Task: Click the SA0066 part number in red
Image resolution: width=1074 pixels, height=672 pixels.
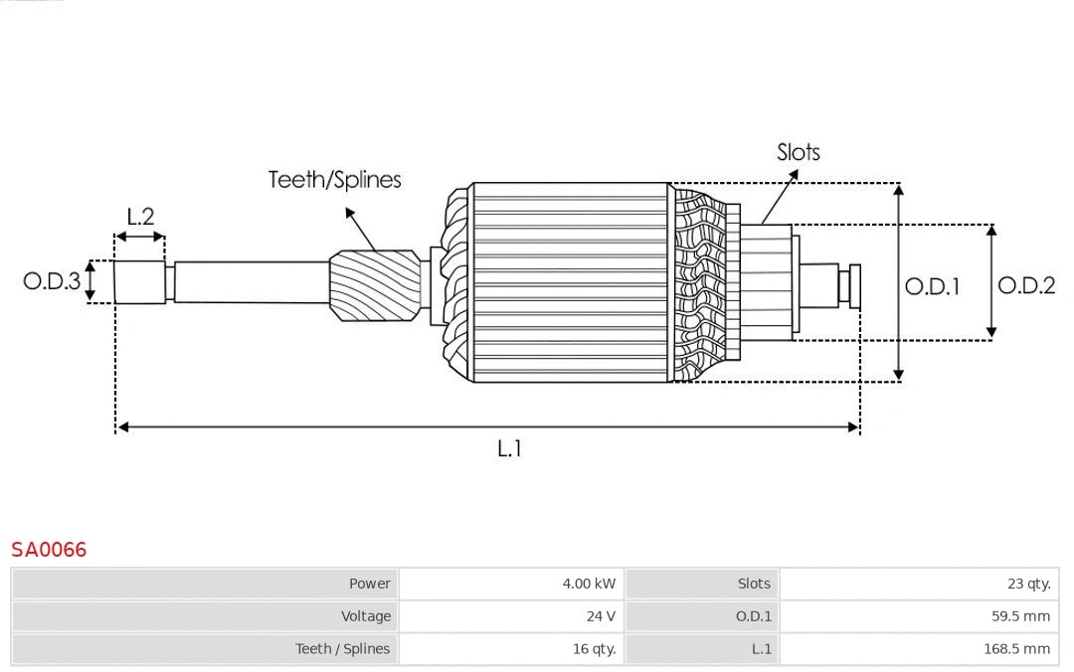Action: (x=49, y=550)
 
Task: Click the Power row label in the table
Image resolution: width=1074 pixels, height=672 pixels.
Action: (x=369, y=584)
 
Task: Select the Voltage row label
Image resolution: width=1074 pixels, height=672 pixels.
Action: (x=366, y=616)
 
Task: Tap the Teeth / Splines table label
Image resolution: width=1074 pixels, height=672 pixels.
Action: (x=342, y=649)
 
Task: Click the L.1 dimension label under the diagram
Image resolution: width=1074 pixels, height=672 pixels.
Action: (x=509, y=448)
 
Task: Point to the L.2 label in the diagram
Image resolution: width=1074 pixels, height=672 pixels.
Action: (x=140, y=216)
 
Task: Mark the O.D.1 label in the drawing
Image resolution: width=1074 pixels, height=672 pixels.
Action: (x=932, y=286)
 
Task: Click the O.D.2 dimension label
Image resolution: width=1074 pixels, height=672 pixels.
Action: (x=1026, y=285)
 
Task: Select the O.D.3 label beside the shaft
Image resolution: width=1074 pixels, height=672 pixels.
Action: (x=52, y=281)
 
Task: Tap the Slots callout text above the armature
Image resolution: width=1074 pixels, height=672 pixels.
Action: (x=799, y=152)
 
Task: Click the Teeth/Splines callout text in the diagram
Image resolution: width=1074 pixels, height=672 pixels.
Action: (x=335, y=180)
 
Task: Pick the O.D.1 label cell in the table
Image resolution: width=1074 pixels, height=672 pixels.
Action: (x=753, y=616)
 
